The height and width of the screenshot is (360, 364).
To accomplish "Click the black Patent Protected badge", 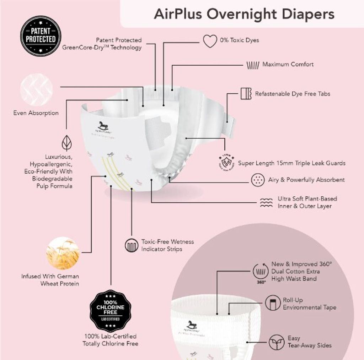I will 41,36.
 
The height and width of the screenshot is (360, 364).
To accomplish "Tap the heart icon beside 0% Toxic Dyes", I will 210,41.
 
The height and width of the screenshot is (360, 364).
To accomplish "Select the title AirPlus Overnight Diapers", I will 244,14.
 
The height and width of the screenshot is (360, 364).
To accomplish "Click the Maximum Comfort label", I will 288,65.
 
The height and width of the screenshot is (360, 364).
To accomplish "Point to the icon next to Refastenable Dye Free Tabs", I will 246,93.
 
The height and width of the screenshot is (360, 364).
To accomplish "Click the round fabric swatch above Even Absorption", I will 36,89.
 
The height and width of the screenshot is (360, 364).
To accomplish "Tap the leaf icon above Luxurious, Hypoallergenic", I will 66,143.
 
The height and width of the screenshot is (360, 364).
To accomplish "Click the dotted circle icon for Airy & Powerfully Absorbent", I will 257,180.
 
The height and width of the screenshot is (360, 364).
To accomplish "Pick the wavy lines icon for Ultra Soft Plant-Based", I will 266,202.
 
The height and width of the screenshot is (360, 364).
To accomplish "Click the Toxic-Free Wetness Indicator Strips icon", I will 132,245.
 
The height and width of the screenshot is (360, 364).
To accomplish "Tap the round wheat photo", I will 63,253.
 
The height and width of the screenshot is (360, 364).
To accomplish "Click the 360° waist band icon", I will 261,272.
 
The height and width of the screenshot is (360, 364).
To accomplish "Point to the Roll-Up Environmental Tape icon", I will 273,304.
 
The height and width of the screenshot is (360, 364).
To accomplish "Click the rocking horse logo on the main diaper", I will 103,126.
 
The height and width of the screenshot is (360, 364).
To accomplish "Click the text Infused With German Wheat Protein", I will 50,280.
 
